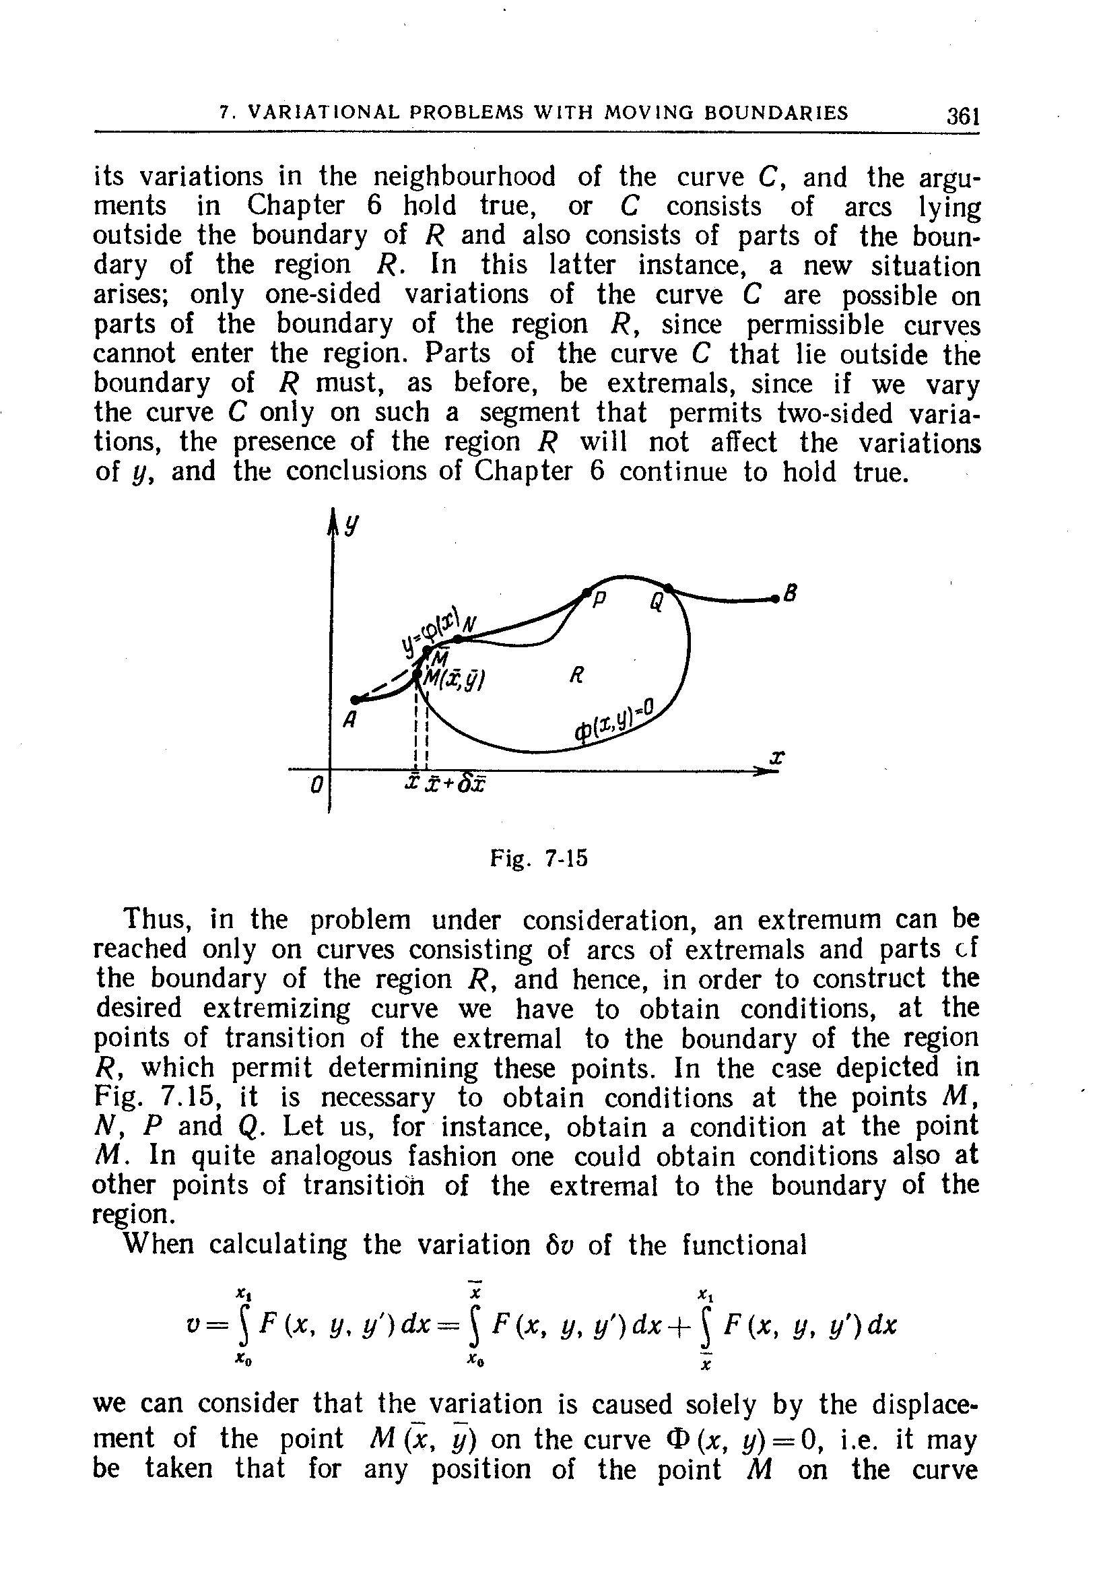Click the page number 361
click(x=961, y=114)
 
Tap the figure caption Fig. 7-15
click(x=539, y=859)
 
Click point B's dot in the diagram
click(x=775, y=599)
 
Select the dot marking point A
click(x=355, y=700)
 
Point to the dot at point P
click(x=587, y=591)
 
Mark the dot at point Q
click(x=669, y=587)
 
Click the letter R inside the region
click(x=576, y=676)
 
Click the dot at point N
click(x=458, y=640)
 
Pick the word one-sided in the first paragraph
click(x=322, y=295)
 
